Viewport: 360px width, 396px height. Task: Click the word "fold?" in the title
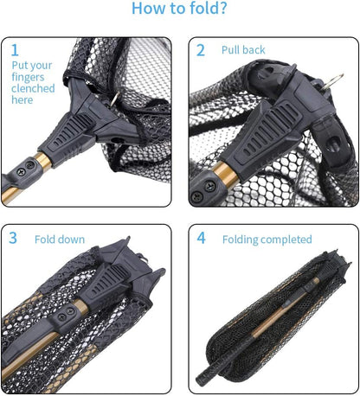[x=209, y=10]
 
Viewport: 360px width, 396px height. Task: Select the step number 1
[x=15, y=50]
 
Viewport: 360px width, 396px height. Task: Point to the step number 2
[x=201, y=50]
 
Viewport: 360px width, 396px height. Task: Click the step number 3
[x=14, y=238]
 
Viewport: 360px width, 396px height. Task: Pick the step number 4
[x=201, y=238]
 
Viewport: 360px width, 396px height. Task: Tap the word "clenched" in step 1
[x=33, y=88]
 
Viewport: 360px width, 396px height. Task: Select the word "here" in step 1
[x=22, y=100]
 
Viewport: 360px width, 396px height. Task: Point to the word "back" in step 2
[x=254, y=51]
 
